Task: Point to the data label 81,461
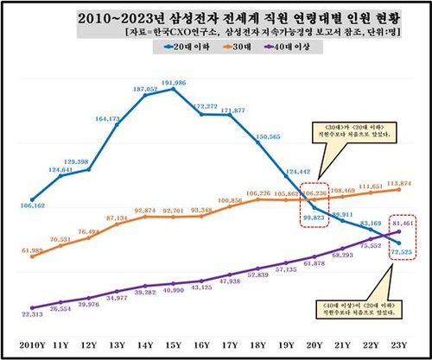click(x=405, y=224)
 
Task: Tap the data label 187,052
click(x=145, y=89)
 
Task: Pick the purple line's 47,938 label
click(x=230, y=281)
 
